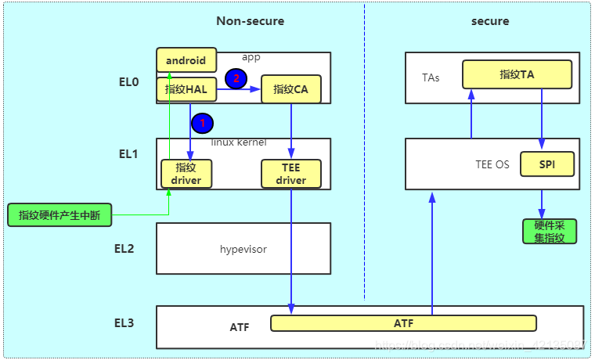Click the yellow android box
pyautogui.click(x=186, y=60)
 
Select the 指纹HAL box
pyautogui.click(x=186, y=89)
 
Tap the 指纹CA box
pyautogui.click(x=290, y=89)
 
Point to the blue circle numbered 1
pyautogui.click(x=203, y=122)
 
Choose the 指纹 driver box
pyautogui.click(x=186, y=174)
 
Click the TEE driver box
pyautogui.click(x=290, y=174)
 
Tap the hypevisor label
pyautogui.click(x=243, y=249)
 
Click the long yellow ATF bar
pyautogui.click(x=403, y=323)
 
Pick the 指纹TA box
pyautogui.click(x=516, y=74)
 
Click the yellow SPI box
pyautogui.click(x=547, y=164)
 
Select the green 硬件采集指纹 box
pyautogui.click(x=550, y=231)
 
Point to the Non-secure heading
pyautogui.click(x=251, y=21)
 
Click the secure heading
pyautogui.click(x=490, y=21)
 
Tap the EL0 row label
pyautogui.click(x=129, y=81)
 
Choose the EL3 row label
pyautogui.click(x=124, y=322)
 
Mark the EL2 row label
pyautogui.click(x=124, y=249)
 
